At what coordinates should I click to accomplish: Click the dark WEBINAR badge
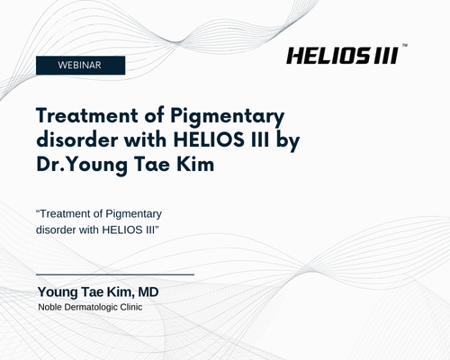point(80,65)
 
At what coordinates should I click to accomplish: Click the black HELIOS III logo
point(343,56)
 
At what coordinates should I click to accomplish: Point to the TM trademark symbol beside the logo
point(404,45)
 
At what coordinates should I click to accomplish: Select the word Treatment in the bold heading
point(87,115)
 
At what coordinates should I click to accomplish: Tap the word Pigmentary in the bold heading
point(228,117)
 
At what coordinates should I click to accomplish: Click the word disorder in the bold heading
point(77,139)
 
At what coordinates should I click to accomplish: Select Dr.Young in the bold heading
point(82,166)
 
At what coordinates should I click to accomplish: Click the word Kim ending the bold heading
point(195,165)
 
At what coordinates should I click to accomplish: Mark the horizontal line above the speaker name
point(115,274)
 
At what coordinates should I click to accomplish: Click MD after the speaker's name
point(148,292)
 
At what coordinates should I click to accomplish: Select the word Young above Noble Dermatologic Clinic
point(58,292)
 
